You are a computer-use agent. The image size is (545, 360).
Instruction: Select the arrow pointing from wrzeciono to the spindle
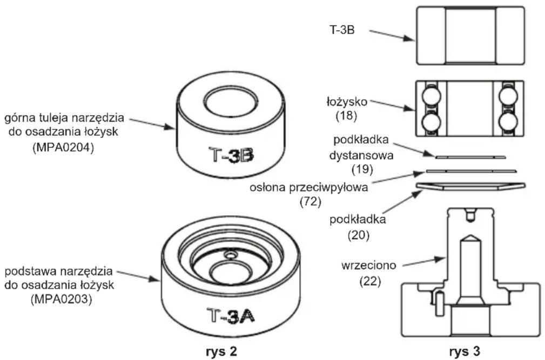(422, 262)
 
